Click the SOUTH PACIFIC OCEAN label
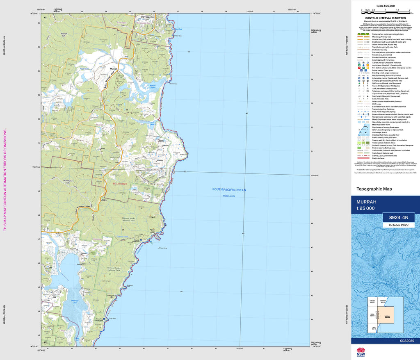[229, 189]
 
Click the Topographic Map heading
[374, 189]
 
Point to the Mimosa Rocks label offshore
[162, 248]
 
